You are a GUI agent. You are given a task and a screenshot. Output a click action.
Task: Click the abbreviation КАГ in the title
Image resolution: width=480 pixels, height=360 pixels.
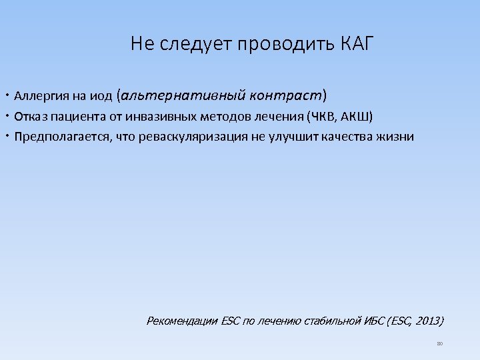pyautogui.click(x=357, y=45)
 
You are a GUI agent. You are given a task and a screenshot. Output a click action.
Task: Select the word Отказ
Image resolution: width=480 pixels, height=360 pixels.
pyautogui.click(x=31, y=117)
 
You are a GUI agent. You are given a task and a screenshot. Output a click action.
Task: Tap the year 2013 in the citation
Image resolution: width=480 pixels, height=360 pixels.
pyautogui.click(x=427, y=321)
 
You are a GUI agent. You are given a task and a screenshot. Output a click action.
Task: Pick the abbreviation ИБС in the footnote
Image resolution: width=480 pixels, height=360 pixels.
pyautogui.click(x=375, y=321)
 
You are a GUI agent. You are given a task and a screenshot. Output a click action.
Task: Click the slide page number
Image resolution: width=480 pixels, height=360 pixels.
pyautogui.click(x=439, y=343)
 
